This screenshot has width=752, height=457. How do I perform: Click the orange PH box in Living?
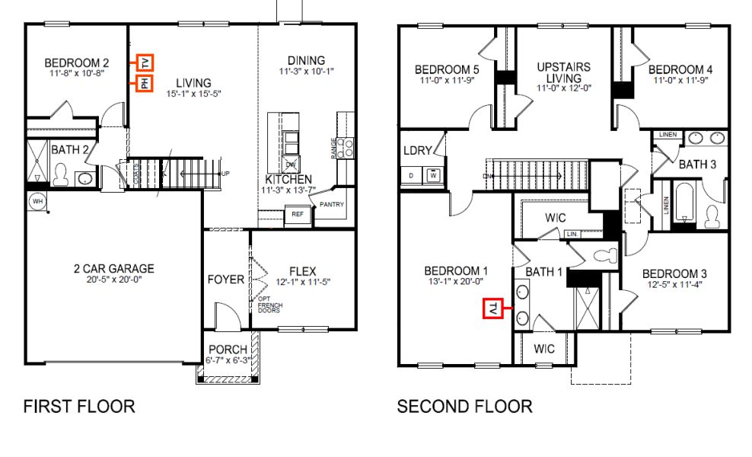tap(145, 84)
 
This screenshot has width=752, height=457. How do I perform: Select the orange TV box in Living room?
tap(145, 62)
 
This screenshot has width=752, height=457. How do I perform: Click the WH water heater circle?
tap(37, 201)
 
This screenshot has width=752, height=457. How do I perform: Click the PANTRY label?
tap(332, 204)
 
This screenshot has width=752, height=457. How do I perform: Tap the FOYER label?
tap(226, 280)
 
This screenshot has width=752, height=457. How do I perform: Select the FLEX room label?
tap(302, 271)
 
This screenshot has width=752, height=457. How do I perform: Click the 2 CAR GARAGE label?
tap(113, 268)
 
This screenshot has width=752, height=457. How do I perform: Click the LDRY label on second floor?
tap(418, 151)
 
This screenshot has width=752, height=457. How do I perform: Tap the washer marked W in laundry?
tap(433, 174)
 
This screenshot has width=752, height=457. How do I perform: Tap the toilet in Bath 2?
tap(62, 176)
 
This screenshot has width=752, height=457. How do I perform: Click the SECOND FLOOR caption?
tap(464, 407)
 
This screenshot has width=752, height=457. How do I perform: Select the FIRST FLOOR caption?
tap(79, 407)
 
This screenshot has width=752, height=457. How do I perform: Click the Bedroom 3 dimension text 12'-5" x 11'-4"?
tap(674, 285)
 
